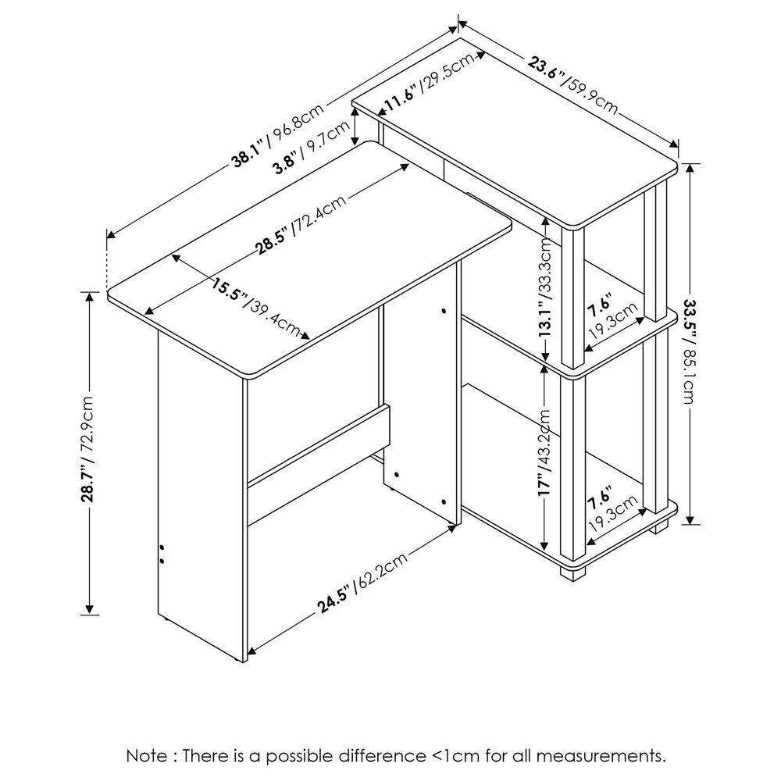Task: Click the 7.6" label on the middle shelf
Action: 600,305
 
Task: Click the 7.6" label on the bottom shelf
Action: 600,496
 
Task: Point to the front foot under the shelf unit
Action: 574,572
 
